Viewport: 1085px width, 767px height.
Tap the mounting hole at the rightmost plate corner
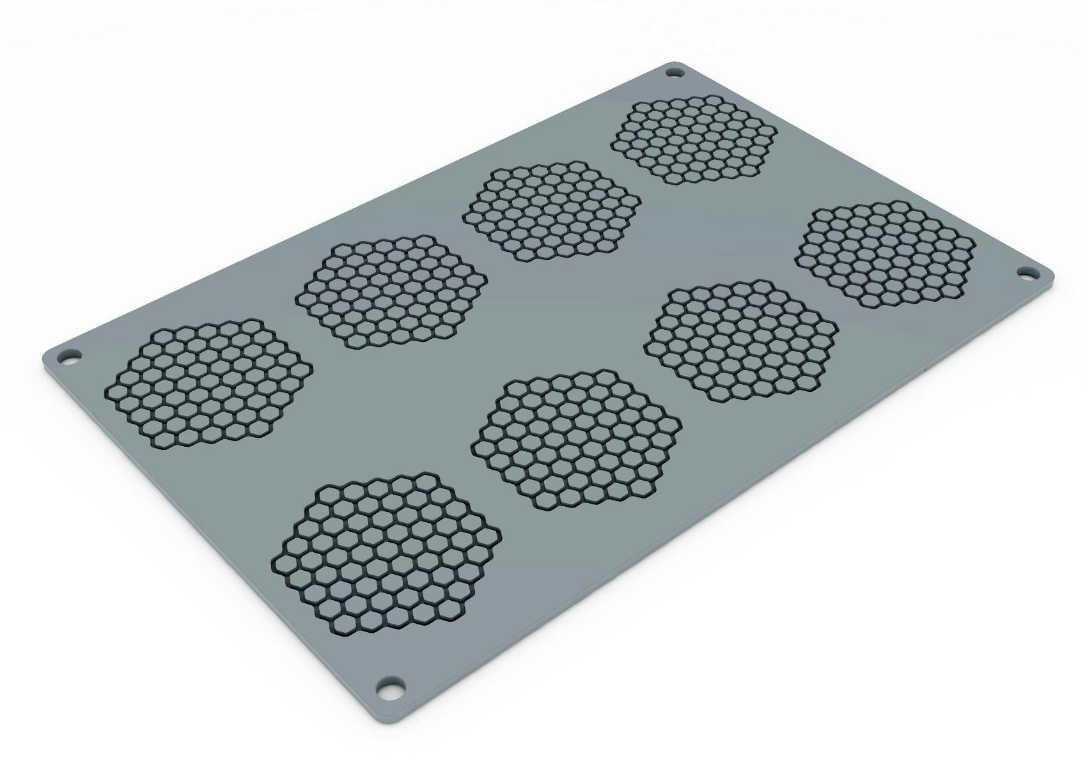[1025, 273]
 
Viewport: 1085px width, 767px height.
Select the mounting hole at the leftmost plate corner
[67, 355]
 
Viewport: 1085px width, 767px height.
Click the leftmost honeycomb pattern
[208, 382]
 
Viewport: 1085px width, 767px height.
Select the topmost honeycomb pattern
[694, 138]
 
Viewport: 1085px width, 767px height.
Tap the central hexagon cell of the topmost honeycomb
[694, 138]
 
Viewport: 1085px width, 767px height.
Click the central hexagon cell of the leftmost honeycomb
[208, 382]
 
